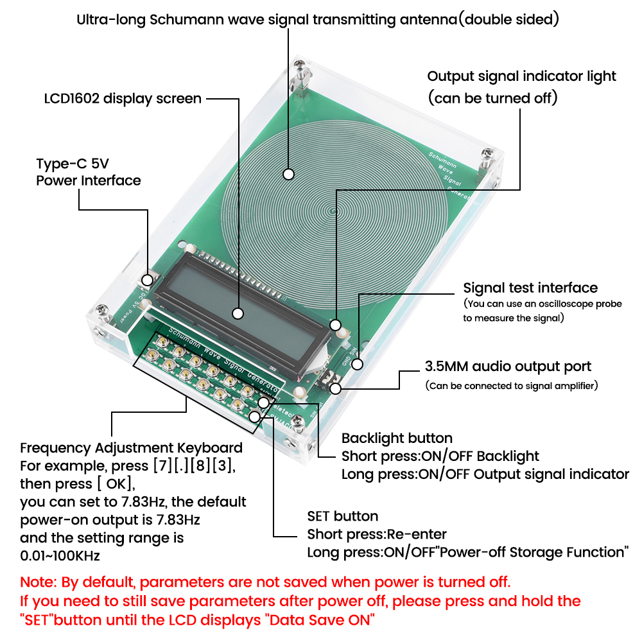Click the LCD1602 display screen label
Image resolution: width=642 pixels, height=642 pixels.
(123, 99)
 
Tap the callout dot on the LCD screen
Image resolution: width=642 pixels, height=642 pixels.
(238, 313)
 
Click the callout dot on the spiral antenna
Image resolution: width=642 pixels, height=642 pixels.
(288, 174)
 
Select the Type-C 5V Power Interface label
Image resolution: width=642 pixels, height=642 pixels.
(88, 172)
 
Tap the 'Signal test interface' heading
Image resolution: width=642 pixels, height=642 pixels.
(530, 288)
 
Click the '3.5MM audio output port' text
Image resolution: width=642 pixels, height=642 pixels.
(508, 367)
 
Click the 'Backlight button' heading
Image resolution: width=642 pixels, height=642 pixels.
(397, 438)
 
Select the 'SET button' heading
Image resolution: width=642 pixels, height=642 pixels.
(342, 516)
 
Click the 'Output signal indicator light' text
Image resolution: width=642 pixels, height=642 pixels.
(521, 76)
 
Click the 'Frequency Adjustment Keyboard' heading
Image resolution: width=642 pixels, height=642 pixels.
(131, 447)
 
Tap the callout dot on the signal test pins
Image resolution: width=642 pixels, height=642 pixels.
(358, 364)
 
